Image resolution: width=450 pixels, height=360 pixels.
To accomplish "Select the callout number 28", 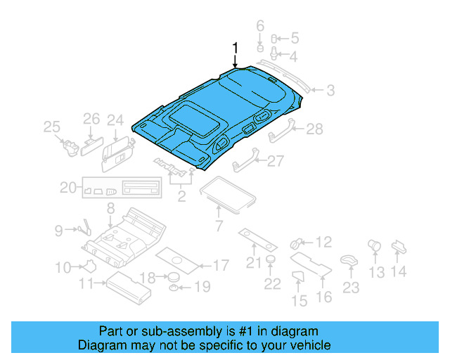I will click(314, 129).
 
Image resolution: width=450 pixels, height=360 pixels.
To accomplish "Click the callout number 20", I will click(67, 188).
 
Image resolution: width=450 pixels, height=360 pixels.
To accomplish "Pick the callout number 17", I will click(220, 266).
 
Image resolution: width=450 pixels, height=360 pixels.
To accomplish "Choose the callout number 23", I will click(350, 287).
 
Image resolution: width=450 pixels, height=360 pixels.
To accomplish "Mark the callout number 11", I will click(86, 284).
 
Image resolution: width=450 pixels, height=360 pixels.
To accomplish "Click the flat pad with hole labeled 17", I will click(177, 259).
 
